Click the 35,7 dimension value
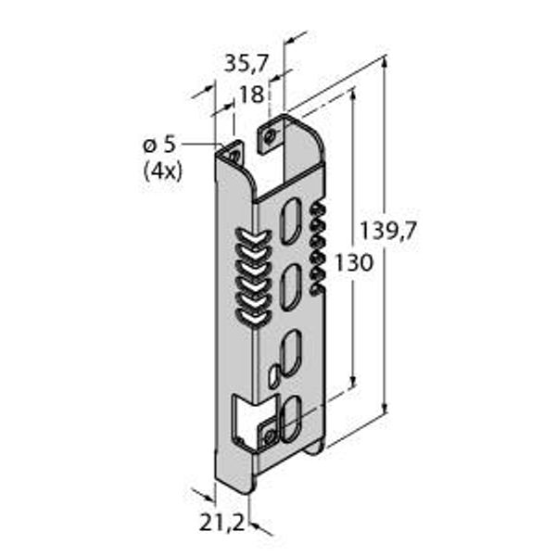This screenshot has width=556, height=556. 246,64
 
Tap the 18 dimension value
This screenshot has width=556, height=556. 252,95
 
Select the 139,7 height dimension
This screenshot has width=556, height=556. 387,231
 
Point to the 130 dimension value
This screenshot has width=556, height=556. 355,263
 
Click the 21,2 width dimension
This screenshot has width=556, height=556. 222,523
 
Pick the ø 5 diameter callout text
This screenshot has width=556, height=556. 159,145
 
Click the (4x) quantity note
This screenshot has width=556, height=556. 163,172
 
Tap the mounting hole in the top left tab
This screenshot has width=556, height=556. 234,155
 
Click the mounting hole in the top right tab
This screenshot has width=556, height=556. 271,136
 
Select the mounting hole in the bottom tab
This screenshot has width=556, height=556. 271,436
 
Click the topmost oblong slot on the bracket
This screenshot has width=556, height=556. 290,221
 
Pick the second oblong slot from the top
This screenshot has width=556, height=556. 290,287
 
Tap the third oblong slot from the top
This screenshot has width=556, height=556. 290,354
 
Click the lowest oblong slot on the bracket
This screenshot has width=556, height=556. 290,420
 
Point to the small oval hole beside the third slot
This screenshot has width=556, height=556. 273,378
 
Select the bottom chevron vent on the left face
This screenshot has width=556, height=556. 253,318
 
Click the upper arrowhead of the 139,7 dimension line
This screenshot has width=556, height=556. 385,62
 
